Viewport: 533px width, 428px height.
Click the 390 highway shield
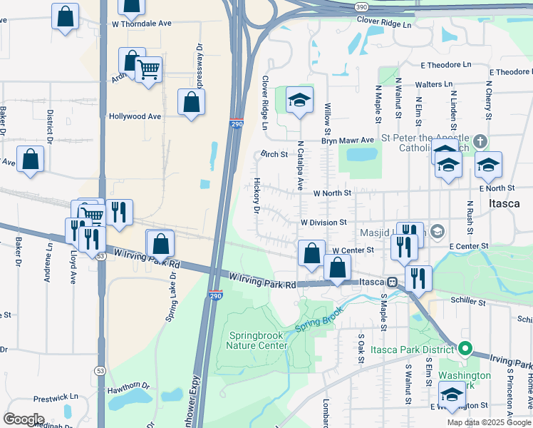[x=362, y=6]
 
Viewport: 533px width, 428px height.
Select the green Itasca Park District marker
[x=465, y=350]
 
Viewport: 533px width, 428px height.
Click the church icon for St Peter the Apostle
[x=480, y=141]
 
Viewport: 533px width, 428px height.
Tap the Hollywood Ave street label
[x=135, y=116]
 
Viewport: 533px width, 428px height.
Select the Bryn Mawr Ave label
[x=347, y=141]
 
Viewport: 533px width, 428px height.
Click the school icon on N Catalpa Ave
[x=300, y=101]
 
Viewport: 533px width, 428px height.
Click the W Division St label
[x=322, y=223]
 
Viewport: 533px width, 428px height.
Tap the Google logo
[x=24, y=419]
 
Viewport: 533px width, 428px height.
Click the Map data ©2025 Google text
[x=489, y=422]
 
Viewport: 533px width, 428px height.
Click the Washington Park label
[x=465, y=381]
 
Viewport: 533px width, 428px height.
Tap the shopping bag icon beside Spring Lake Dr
[x=162, y=244]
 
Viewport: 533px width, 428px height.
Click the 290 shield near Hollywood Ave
[x=237, y=124]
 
